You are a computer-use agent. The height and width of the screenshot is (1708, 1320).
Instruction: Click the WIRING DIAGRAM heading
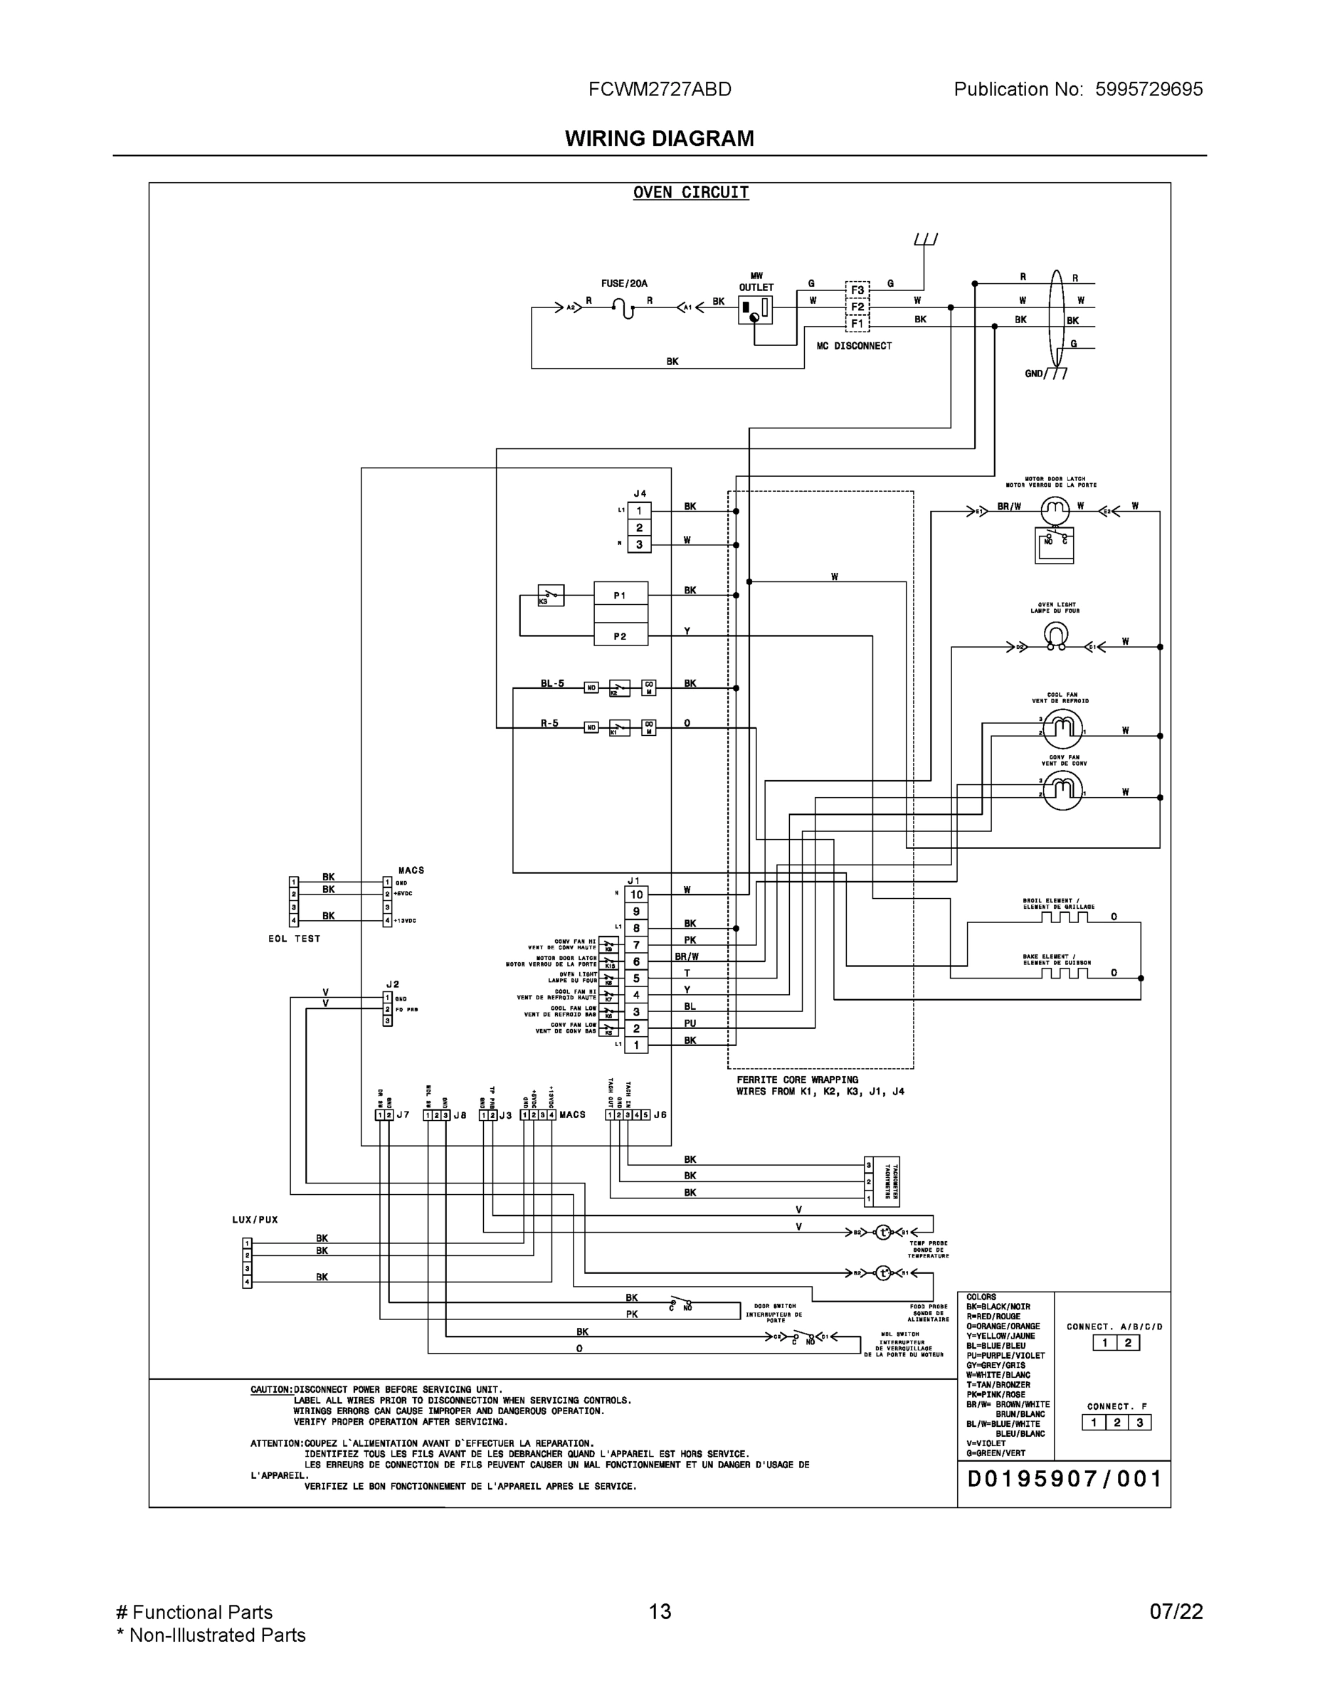(659, 139)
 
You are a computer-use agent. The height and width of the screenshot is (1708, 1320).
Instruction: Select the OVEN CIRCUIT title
(690, 192)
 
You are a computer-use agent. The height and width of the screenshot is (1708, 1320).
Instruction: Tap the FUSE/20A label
(624, 284)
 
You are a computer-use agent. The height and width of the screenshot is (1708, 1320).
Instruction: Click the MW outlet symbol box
(754, 310)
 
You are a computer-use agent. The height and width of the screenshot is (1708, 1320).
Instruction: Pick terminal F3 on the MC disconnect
(857, 290)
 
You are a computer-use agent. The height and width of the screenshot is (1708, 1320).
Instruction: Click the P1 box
(620, 596)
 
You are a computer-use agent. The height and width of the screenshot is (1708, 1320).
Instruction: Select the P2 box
(620, 636)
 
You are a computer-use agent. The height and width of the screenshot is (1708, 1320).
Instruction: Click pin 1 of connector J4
(639, 512)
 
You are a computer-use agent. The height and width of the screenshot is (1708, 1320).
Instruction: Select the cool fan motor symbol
(1062, 729)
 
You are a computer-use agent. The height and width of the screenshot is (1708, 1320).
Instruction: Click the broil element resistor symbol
(1065, 917)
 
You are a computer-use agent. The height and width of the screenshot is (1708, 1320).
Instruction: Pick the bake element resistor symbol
(1065, 973)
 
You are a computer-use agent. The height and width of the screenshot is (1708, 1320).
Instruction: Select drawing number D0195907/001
(1065, 1478)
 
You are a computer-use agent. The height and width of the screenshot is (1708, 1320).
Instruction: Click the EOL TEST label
(294, 939)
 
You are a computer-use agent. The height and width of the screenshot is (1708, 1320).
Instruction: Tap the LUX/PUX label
(255, 1219)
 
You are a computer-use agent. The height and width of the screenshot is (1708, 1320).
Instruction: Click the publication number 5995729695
(1148, 89)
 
